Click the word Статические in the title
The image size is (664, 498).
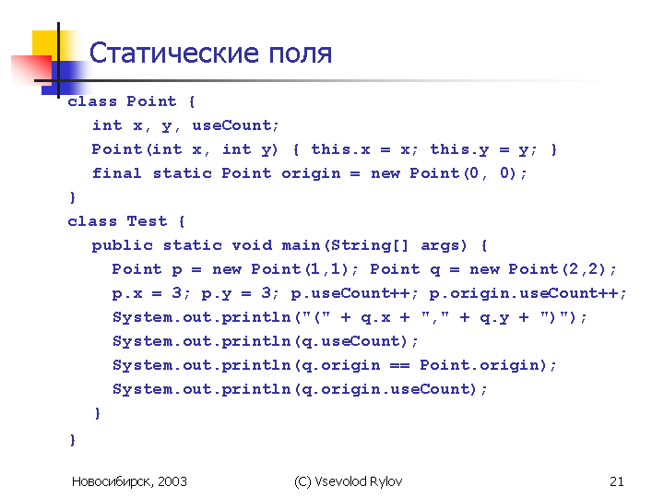[173, 53]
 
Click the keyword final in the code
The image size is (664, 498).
[116, 173]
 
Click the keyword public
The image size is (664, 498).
[122, 246]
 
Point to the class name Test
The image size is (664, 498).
[147, 221]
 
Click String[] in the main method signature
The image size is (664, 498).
[369, 245]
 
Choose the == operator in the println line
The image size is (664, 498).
[399, 365]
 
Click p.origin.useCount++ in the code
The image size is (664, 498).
[524, 293]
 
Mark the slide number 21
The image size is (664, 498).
[617, 481]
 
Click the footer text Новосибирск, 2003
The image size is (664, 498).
[129, 482]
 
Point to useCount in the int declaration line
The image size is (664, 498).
[231, 125]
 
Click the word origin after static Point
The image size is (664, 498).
[311, 174]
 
